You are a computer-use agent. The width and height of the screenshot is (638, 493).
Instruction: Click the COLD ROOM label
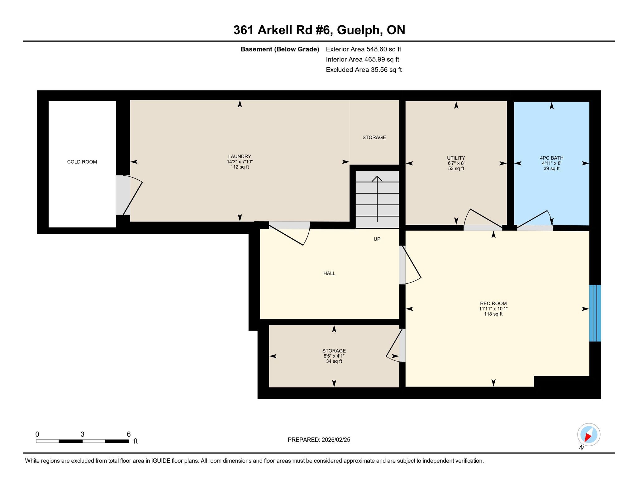point(82,162)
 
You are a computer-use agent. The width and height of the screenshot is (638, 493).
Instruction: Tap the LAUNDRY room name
point(240,156)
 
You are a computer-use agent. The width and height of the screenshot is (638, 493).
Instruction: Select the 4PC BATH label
point(552,158)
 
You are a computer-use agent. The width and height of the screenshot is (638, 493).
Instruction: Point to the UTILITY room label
point(456,158)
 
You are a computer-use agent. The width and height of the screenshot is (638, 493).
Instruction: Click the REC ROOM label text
point(493,304)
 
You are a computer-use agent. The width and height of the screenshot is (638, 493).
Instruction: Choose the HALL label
point(329,273)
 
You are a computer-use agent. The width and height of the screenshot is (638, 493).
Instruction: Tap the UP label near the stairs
point(377,239)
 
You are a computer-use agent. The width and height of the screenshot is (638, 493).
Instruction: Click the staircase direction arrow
point(377,199)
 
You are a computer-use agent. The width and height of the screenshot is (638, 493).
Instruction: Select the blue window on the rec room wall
point(595,313)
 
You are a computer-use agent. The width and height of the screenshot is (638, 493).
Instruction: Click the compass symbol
point(588,435)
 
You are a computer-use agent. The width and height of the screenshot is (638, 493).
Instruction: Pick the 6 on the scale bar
point(129,434)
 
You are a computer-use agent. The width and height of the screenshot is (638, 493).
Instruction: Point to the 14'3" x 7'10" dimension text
point(240,162)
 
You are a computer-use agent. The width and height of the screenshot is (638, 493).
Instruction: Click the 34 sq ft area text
point(334,361)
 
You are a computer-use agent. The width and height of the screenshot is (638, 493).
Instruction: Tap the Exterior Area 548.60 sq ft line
point(364,49)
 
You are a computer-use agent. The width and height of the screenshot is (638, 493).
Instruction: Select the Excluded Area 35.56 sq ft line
point(364,70)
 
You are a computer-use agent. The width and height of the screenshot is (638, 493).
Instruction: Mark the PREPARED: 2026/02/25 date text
point(319,440)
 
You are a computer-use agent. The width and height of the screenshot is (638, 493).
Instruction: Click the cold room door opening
point(123,195)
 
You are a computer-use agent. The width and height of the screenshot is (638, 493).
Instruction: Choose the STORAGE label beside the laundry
point(374,137)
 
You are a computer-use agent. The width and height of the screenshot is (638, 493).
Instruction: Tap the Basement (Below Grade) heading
point(280,49)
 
